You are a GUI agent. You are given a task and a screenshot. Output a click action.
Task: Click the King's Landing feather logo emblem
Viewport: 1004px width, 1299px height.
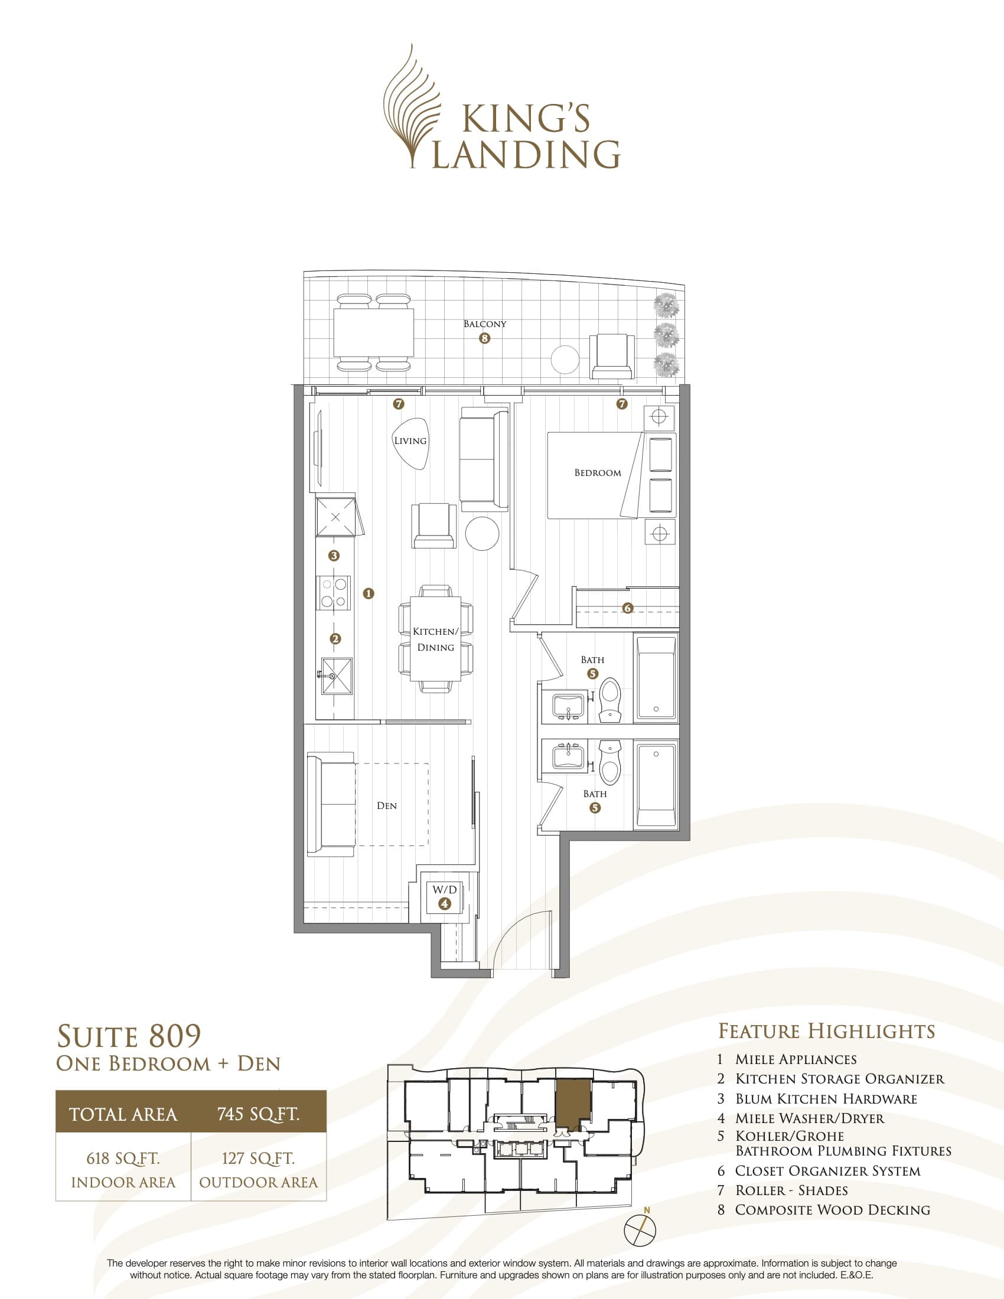point(410,107)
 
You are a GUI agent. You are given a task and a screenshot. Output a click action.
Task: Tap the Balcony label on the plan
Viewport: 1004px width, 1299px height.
point(485,324)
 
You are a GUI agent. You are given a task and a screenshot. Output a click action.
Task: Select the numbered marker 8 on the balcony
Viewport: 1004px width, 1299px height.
point(485,338)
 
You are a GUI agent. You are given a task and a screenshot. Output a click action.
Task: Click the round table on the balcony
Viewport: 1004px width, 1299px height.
point(565,359)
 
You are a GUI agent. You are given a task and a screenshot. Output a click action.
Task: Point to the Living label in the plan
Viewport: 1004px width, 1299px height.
point(410,440)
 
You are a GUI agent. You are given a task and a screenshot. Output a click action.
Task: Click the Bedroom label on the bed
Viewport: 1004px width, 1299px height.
point(597,473)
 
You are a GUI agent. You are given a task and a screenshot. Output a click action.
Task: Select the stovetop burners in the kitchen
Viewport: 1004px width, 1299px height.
point(334,593)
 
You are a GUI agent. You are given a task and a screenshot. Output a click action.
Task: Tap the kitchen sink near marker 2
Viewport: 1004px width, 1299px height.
point(337,675)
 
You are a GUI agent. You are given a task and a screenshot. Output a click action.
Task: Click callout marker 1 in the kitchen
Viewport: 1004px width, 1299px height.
point(368,593)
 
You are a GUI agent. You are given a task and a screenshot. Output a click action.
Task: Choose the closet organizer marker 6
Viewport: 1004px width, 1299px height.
point(627,608)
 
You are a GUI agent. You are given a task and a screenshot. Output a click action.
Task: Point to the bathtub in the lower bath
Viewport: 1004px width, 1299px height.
point(656,784)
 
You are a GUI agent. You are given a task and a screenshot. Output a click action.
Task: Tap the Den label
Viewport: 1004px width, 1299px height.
point(387,805)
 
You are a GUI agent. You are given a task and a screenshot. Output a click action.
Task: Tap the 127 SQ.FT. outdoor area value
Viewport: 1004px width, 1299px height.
point(258,1158)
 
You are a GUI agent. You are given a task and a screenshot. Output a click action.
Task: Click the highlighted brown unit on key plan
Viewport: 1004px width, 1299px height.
point(573,1106)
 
